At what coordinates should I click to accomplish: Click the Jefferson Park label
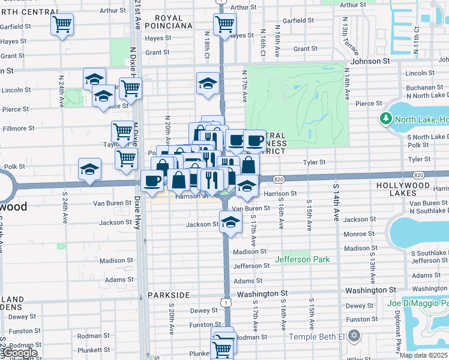(303, 260)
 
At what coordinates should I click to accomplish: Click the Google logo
(19, 353)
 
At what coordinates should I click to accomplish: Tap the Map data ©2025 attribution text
(423, 355)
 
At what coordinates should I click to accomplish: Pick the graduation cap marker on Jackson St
(229, 222)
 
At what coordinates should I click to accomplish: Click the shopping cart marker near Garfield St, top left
(62, 25)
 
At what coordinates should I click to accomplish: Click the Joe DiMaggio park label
(418, 303)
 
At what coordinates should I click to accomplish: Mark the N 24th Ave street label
(61, 91)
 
